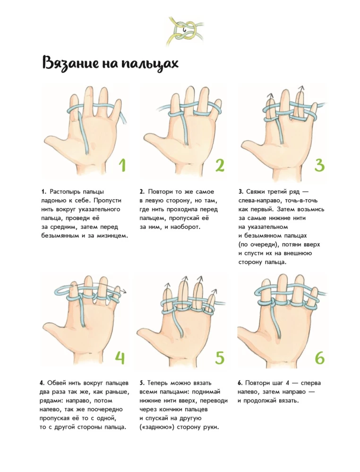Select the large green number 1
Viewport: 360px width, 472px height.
click(x=122, y=165)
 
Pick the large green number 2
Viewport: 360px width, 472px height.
click(x=220, y=165)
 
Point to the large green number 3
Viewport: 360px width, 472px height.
click(x=319, y=165)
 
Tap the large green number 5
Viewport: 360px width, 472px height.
click(x=220, y=357)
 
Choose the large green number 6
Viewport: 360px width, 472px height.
click(x=319, y=357)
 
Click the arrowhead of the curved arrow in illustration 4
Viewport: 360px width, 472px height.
click(x=123, y=291)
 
